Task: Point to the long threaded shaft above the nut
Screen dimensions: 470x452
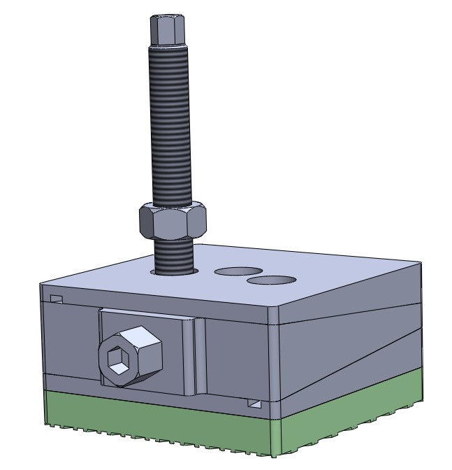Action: (x=170, y=126)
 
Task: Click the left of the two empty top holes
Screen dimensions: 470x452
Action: (x=238, y=270)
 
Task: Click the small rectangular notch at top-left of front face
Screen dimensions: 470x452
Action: (x=56, y=299)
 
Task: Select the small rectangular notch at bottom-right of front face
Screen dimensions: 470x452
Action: (x=255, y=404)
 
